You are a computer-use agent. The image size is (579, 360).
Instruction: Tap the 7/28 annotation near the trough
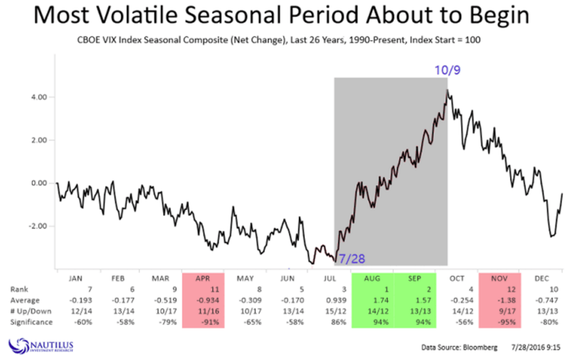tap(351, 259)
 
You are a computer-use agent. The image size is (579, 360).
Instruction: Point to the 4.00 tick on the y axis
tap(39, 97)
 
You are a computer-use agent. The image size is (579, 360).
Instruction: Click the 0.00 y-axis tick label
tap(39, 183)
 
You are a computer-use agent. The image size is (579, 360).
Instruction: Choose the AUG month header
tap(372, 278)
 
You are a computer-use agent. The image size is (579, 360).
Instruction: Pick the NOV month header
tap(499, 278)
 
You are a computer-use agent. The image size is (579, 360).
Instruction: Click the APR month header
tap(202, 278)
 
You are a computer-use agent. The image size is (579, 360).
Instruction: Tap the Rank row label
tap(19, 289)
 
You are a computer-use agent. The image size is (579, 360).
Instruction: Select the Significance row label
tap(31, 322)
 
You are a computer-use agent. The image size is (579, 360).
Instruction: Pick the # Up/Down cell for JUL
tap(338, 311)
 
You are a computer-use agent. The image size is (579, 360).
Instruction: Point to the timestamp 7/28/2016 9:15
tap(534, 348)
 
